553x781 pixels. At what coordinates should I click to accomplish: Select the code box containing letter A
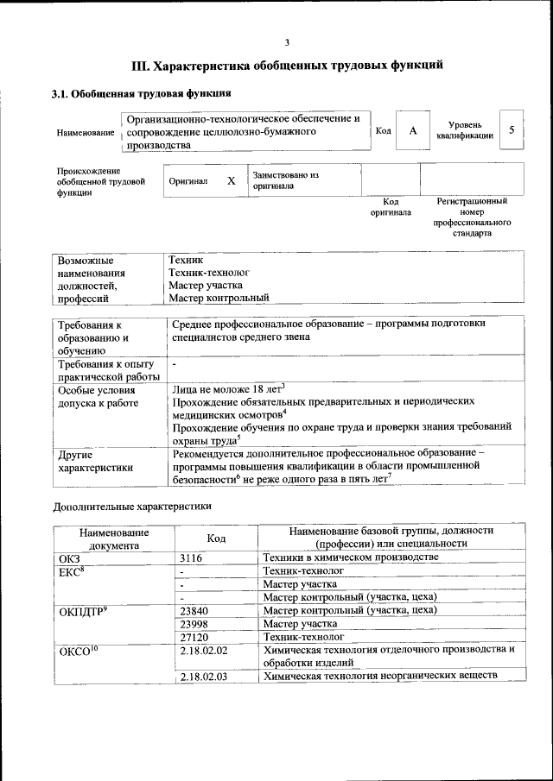[413, 130]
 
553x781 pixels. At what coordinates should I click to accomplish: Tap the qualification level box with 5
[512, 130]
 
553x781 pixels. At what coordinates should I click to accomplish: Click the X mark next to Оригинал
[231, 181]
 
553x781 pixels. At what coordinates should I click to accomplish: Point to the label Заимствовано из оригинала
[286, 180]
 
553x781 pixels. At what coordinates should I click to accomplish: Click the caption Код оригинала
[391, 206]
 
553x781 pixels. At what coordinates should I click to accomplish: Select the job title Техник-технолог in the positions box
[203, 271]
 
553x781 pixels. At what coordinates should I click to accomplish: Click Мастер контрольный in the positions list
[219, 298]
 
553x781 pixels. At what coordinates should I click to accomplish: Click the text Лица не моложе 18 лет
[228, 389]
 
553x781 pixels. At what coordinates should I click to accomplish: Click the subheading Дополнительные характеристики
[132, 505]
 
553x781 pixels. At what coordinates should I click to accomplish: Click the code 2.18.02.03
[204, 677]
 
